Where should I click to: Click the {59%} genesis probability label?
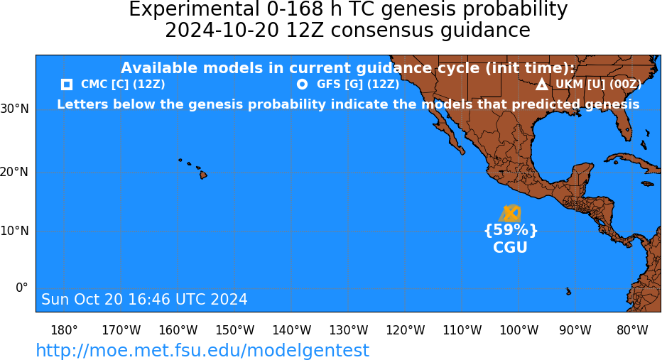511,230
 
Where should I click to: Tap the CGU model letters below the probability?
511,247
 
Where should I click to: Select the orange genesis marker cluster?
509,214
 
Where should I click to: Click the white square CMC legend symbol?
67,84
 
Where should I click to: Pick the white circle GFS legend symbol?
303,84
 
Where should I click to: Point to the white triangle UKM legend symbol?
542,84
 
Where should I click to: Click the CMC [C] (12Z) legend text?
123,84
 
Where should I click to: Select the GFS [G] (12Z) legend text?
358,84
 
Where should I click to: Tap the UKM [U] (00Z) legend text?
598,84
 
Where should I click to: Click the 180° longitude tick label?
64,329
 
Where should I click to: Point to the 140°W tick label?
292,329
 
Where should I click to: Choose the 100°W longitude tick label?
519,329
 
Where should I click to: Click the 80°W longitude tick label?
632,329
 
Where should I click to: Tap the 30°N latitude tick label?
14,109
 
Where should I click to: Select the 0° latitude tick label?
22,288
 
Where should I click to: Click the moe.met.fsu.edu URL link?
202,350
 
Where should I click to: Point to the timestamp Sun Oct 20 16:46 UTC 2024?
144,299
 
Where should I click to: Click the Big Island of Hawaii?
203,174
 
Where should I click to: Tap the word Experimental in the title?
194,9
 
